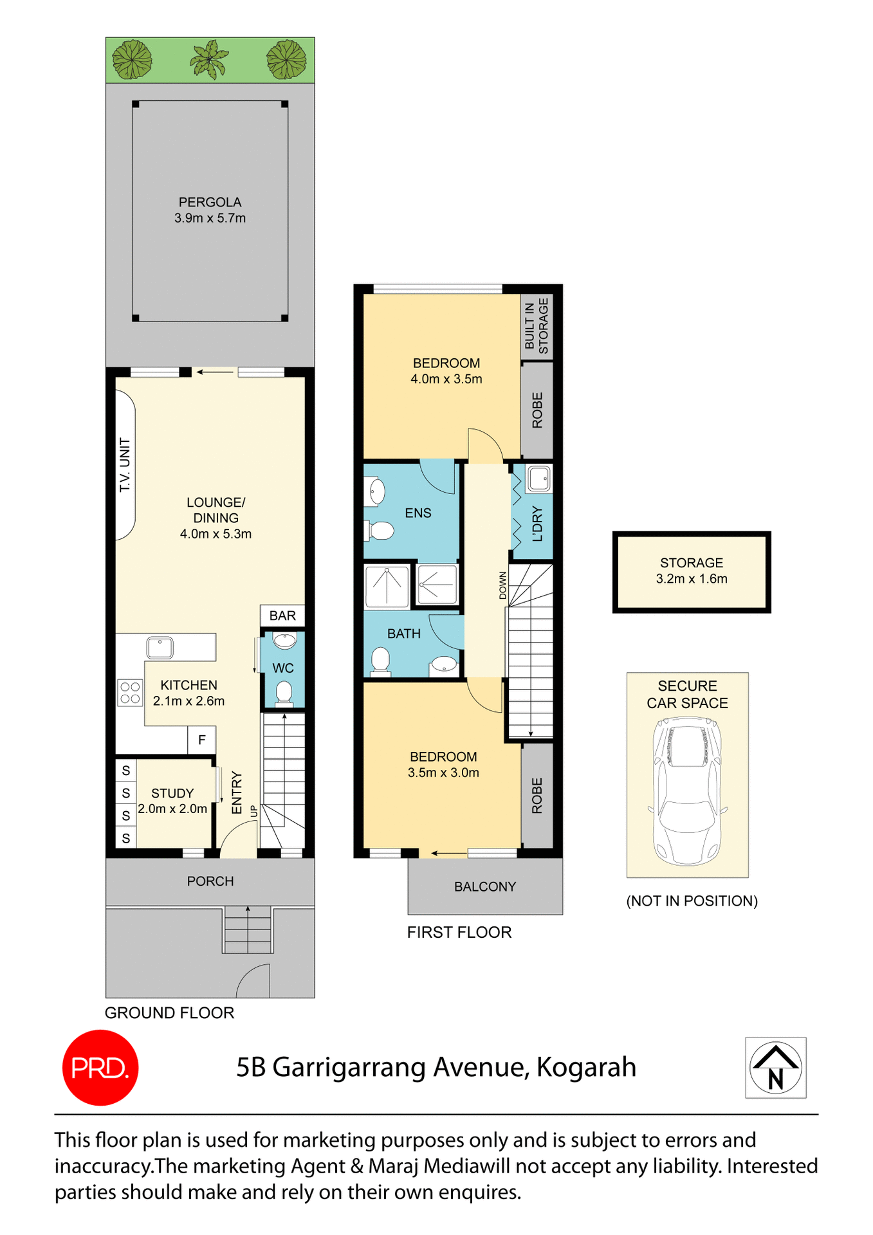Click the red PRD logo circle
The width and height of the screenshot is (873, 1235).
pos(100,1067)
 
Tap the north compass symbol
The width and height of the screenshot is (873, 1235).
pos(775,1067)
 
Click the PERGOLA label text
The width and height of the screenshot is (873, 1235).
pos(210,202)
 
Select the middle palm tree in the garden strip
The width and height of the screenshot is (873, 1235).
pos(209,59)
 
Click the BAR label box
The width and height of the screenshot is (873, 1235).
pos(282,616)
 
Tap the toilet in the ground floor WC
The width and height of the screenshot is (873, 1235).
pos(284,693)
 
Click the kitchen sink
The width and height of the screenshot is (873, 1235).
pos(160,646)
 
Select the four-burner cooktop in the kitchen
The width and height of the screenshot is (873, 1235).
pos(130,693)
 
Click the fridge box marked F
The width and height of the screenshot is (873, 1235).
pos(201,740)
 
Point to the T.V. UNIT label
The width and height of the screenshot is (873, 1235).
pos(125,465)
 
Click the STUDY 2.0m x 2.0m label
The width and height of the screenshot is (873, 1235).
pos(172,801)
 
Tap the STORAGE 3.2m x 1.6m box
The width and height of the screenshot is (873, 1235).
pos(692,571)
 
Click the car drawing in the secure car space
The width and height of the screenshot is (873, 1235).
pos(687,791)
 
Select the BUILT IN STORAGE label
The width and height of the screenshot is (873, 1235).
pos(537,325)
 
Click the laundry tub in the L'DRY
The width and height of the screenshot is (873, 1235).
pos(538,479)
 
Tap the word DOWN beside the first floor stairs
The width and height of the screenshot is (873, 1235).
pos(503,585)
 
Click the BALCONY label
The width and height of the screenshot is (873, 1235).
pos(485,886)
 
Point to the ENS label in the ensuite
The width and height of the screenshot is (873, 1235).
pos(418,513)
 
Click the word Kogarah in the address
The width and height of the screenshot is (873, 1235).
pos(586,1067)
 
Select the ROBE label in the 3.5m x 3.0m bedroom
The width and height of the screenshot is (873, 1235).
pos(537,796)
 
